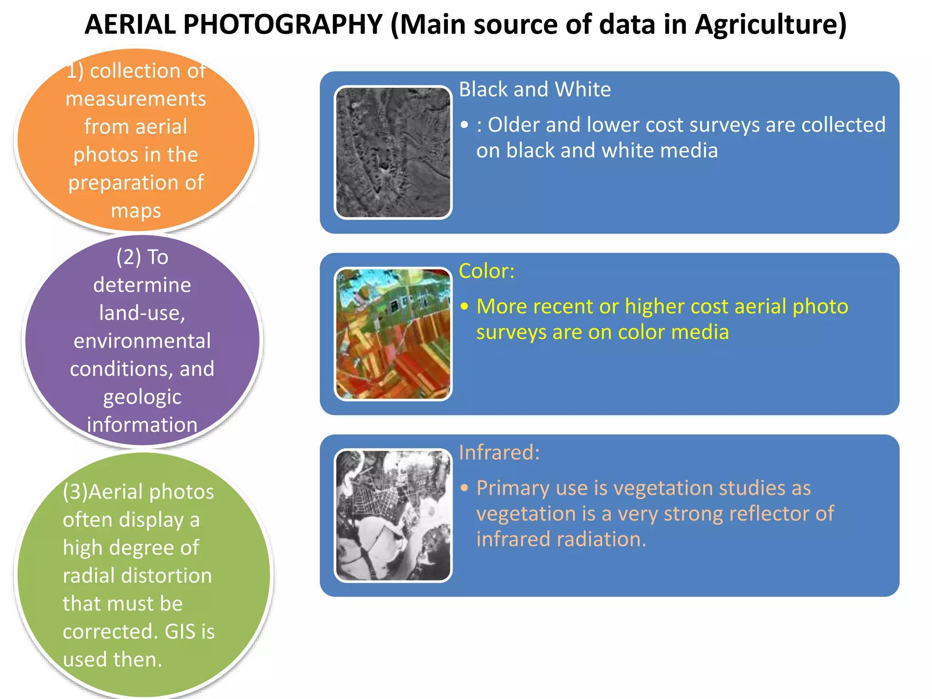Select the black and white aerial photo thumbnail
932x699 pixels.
(393, 152)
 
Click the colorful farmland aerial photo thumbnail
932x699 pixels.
(393, 334)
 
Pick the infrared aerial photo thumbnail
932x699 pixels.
(393, 515)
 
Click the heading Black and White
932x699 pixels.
(535, 89)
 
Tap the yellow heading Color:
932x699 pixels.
(486, 271)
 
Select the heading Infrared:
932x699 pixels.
(499, 452)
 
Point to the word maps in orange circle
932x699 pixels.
(136, 211)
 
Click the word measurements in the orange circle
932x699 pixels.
(136, 99)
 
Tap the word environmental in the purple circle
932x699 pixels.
(142, 341)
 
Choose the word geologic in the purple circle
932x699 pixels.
(142, 397)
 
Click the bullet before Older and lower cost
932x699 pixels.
(464, 125)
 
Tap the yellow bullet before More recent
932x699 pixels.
(464, 306)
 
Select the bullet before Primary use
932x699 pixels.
(464, 488)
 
